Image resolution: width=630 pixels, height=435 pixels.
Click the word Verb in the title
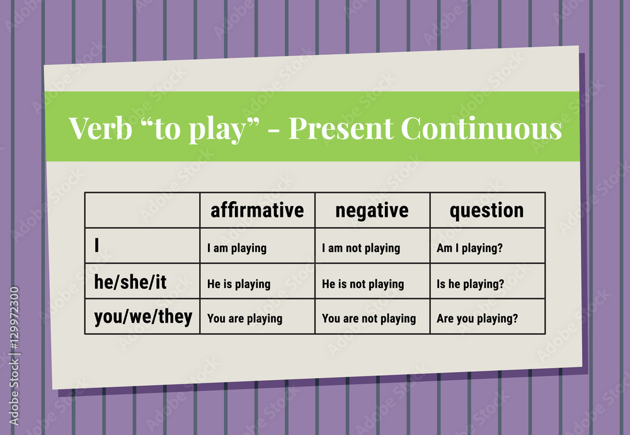(96, 128)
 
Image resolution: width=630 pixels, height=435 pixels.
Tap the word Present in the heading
(341, 128)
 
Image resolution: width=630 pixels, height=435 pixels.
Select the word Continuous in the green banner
(481, 128)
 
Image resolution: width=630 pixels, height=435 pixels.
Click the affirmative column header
(257, 210)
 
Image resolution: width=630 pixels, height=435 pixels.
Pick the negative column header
(372, 210)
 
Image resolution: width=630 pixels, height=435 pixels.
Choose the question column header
(486, 210)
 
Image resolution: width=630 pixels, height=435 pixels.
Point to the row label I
(97, 246)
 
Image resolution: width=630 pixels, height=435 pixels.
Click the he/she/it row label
(130, 282)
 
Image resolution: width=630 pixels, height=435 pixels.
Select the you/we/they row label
(143, 316)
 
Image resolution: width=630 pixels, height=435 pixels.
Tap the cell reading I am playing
(237, 248)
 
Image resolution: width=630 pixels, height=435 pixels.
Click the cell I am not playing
(361, 248)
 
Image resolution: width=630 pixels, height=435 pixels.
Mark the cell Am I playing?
(469, 248)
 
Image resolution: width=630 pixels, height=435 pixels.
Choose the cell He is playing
(239, 284)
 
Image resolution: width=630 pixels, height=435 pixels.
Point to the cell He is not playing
(363, 284)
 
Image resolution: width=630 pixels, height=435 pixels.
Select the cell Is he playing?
(471, 284)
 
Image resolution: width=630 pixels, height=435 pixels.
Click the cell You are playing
(244, 318)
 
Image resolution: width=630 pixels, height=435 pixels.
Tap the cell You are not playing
(369, 318)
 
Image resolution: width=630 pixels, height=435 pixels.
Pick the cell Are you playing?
(478, 318)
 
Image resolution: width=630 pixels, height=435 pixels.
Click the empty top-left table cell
(142, 210)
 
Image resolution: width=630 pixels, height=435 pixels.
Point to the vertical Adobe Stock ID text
(14, 356)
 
